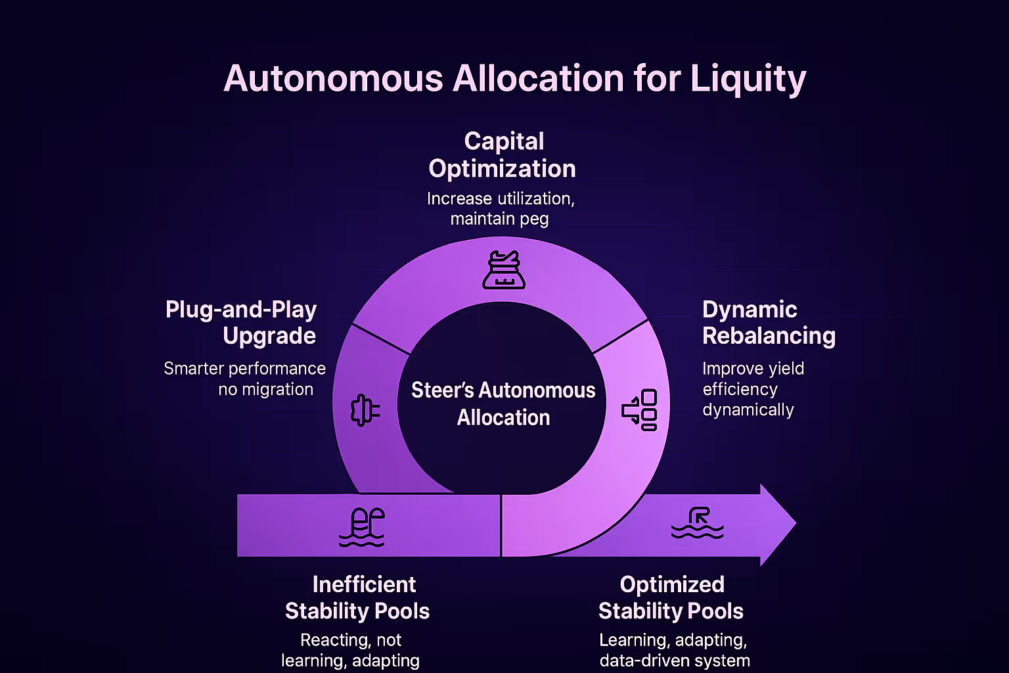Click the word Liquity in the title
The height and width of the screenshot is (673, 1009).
tap(748, 79)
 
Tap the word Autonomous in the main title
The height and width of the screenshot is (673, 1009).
tap(333, 79)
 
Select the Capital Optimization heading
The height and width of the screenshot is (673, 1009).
tap(503, 155)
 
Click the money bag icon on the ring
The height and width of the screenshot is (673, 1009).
tap(503, 270)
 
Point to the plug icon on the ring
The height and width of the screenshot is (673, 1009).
tap(365, 410)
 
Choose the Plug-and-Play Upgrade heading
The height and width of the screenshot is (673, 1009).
tap(242, 322)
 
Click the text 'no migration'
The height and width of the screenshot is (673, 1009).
tap(265, 389)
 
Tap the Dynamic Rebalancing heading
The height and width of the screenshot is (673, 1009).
tap(769, 322)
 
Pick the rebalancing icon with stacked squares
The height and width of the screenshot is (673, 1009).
tap(640, 410)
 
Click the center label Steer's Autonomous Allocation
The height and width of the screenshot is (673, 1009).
tap(503, 404)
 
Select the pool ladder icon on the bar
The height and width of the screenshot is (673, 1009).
tap(362, 527)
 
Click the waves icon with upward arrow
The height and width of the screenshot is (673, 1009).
tap(698, 523)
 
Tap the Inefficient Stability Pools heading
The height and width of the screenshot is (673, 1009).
tap(357, 597)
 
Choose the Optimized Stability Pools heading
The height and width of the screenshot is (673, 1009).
tap(671, 597)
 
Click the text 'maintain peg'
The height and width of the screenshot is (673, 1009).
tap(499, 219)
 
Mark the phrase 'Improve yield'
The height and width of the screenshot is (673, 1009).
tap(753, 368)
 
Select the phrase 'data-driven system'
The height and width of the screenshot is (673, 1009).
tap(674, 660)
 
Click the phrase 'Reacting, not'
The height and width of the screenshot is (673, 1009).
tap(351, 639)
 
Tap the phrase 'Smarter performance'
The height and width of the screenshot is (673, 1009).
tap(244, 368)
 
